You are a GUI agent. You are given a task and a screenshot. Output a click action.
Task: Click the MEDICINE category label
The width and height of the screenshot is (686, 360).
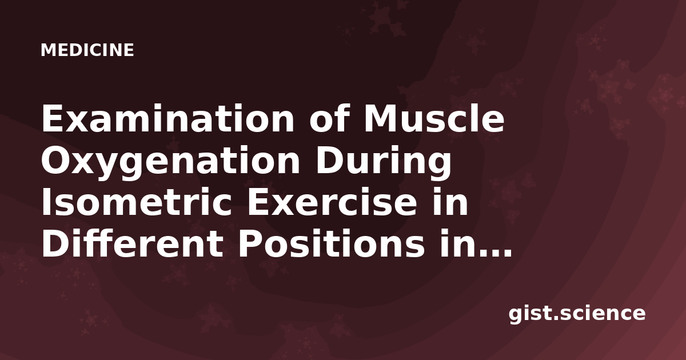tap(87, 50)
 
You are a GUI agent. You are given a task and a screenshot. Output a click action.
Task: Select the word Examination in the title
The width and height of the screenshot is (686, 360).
tap(168, 118)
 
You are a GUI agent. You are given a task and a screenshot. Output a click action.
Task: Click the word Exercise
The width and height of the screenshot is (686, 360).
tap(332, 202)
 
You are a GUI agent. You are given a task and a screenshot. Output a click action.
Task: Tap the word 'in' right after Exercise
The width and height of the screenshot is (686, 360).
tap(450, 202)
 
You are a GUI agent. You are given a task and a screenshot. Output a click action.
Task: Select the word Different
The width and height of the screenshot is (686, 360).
tap(132, 244)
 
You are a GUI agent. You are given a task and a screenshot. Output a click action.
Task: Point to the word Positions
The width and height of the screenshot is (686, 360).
tap(332, 244)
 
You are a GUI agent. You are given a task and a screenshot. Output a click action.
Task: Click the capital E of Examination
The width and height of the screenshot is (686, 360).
tap(53, 118)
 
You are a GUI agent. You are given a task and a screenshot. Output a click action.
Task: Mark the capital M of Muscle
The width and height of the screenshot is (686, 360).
tap(381, 118)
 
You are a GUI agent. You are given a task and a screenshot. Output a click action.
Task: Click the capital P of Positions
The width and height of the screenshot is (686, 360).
tap(250, 244)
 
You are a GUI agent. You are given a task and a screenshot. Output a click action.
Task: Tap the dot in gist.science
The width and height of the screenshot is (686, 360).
tap(554, 318)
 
